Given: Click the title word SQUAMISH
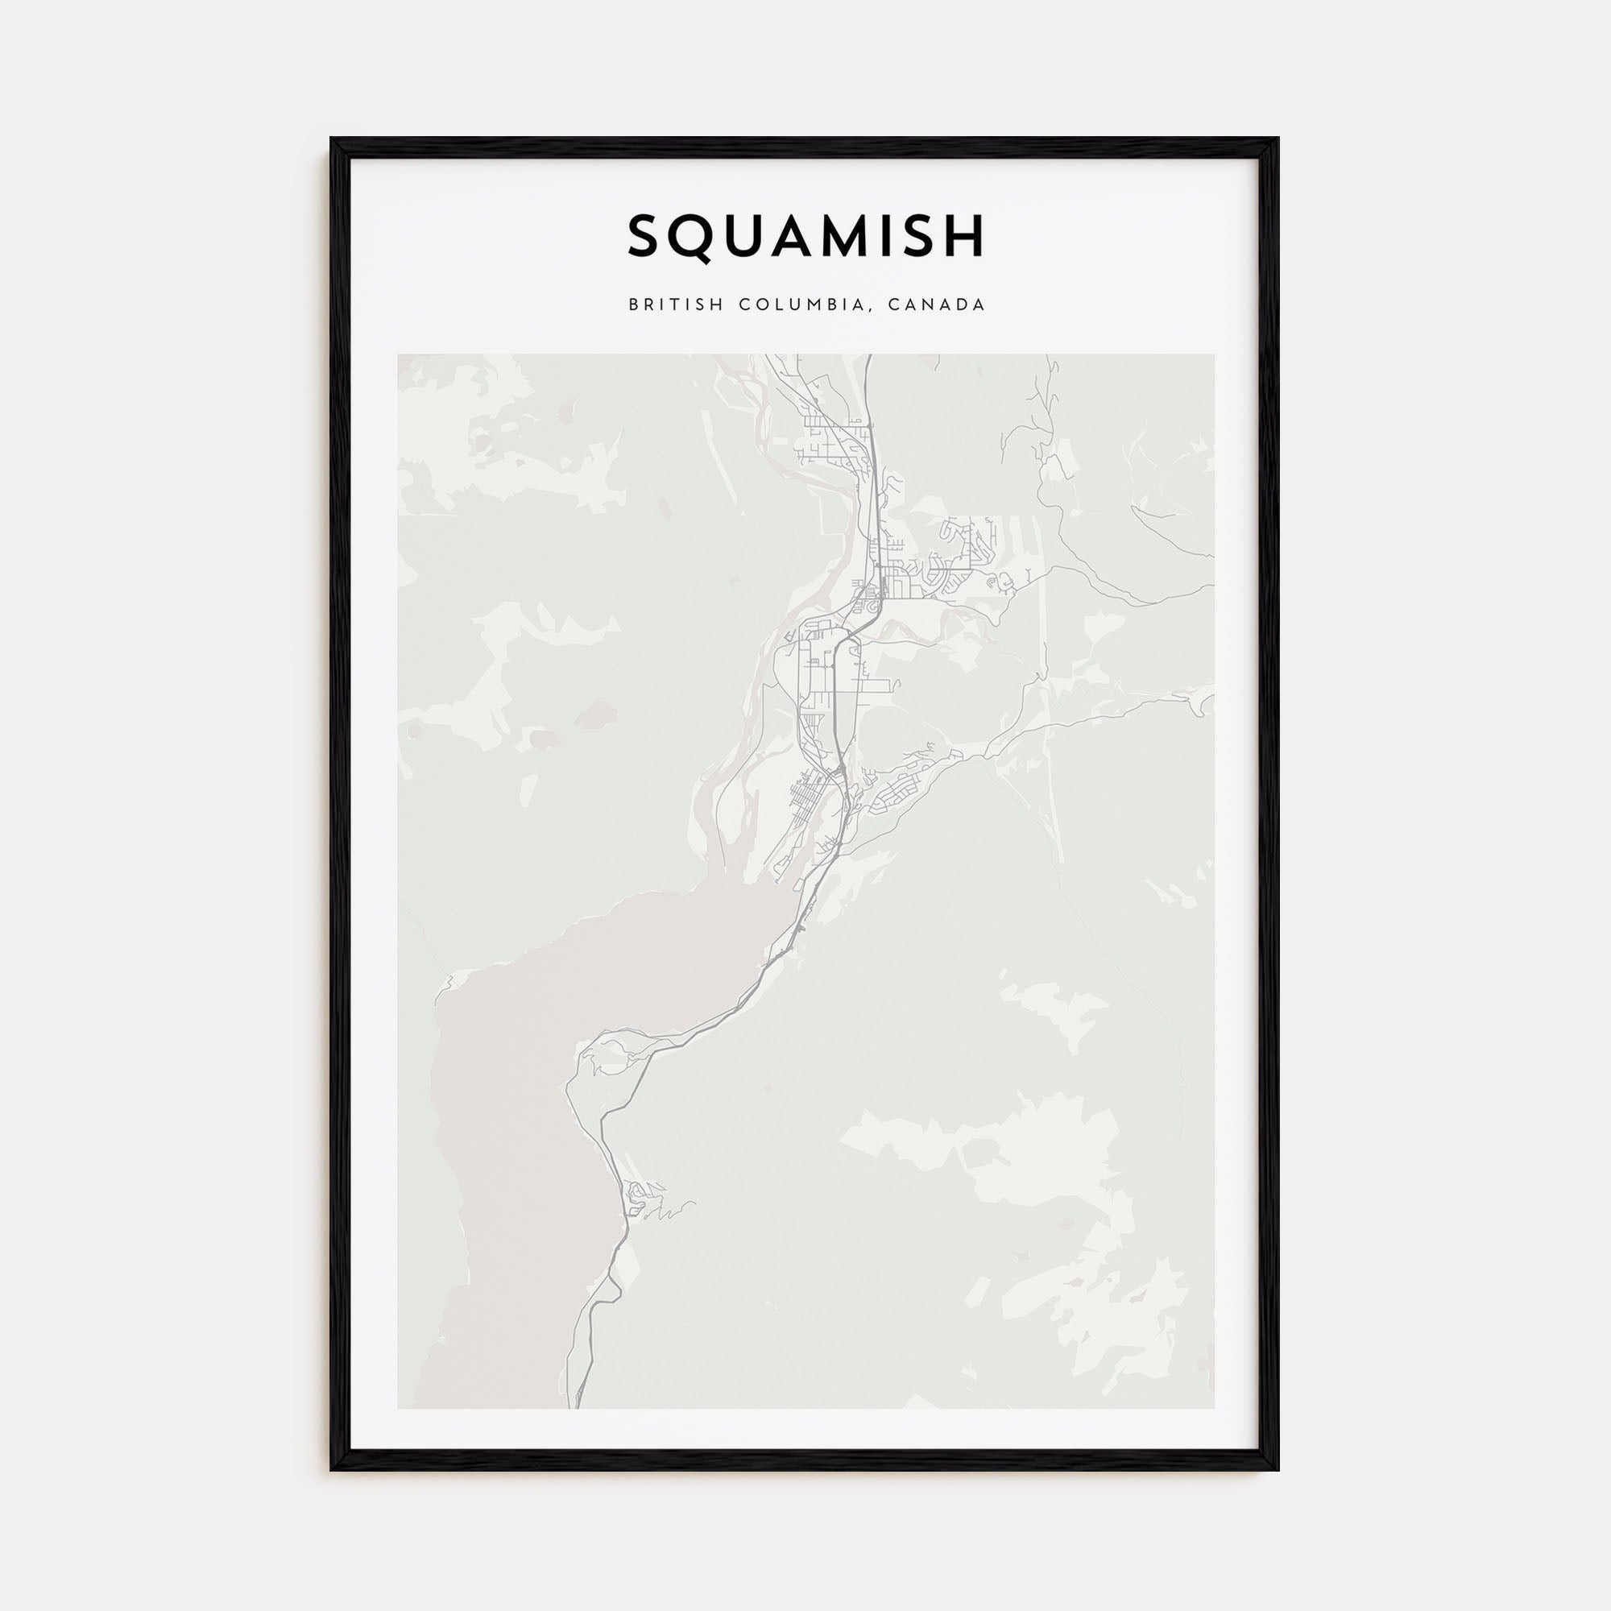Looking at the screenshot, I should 805,237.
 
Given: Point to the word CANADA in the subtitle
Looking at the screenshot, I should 937,305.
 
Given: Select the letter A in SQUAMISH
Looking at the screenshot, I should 793,237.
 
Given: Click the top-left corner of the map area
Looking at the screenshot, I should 398,354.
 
